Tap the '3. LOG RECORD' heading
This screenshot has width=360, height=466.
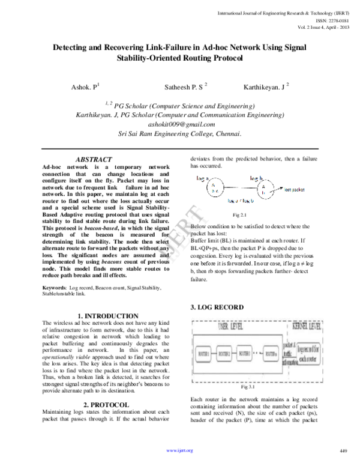(x=214, y=307)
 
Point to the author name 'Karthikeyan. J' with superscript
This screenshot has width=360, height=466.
(x=265, y=87)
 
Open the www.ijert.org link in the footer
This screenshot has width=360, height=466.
(x=179, y=450)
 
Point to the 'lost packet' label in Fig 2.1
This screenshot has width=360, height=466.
(x=293, y=189)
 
